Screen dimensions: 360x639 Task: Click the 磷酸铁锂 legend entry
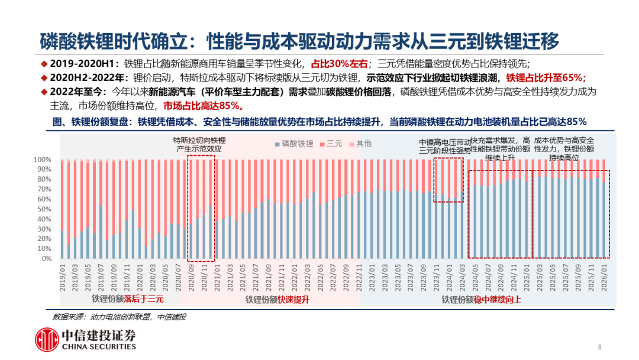click(x=294, y=144)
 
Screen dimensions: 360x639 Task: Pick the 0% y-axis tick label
click(x=47, y=259)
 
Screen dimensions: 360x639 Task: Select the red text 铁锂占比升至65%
click(x=546, y=78)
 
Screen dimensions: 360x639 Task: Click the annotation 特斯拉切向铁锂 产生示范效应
click(x=199, y=144)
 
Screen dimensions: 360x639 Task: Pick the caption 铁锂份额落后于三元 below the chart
click(x=127, y=300)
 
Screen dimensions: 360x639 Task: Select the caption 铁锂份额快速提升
click(x=277, y=300)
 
